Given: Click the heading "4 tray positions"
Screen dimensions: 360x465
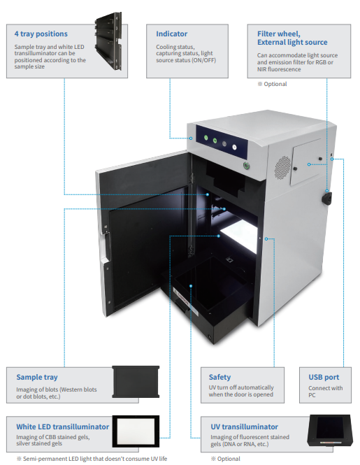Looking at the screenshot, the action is [x=41, y=34].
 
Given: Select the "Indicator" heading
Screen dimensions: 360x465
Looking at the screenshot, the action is [x=172, y=34].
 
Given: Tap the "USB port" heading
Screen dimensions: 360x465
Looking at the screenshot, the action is [x=324, y=377].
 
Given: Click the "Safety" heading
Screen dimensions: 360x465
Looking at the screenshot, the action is [x=219, y=377].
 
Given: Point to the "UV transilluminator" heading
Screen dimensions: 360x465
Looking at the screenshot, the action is [x=245, y=427].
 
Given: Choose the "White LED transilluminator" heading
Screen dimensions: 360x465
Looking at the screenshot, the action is [x=63, y=427].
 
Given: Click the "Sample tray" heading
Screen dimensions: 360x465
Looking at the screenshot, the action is [x=37, y=377].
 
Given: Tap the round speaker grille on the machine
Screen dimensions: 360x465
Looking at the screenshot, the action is [x=282, y=168].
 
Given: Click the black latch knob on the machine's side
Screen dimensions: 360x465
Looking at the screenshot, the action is [x=326, y=198].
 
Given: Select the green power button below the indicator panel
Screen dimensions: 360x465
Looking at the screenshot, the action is [x=246, y=166].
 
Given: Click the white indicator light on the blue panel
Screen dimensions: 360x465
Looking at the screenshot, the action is [x=234, y=147].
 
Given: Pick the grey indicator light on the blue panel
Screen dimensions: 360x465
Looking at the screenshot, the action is [x=224, y=144].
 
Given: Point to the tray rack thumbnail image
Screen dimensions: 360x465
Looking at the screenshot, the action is [x=108, y=41].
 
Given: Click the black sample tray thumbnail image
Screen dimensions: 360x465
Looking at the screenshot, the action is [x=136, y=382].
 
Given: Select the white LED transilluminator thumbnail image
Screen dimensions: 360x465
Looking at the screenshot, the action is [x=136, y=431].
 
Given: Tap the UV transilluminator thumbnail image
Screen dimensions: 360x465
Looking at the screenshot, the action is [x=330, y=430].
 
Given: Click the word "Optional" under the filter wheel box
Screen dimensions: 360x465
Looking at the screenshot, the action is [x=275, y=84].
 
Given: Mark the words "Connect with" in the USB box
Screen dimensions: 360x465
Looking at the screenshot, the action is [x=326, y=388].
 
